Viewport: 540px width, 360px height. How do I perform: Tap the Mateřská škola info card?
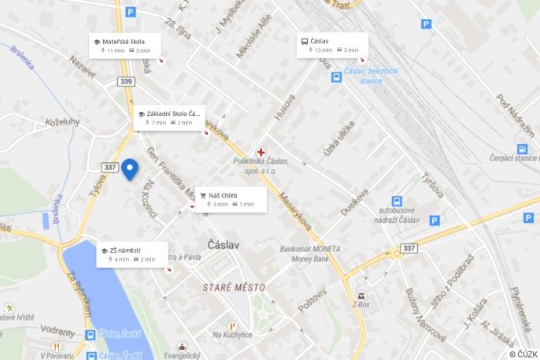(124, 45)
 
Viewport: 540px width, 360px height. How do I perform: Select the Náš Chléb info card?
(231, 199)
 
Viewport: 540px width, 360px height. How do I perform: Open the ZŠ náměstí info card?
(131, 254)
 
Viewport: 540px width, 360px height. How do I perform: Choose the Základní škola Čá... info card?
(170, 117)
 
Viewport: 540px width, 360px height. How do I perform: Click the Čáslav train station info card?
(332, 45)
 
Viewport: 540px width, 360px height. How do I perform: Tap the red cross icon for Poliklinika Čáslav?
(261, 151)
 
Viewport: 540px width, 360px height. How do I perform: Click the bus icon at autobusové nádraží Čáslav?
(397, 202)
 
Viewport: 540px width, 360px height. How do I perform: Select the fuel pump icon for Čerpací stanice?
(522, 149)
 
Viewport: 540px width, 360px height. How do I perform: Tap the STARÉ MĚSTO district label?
(235, 287)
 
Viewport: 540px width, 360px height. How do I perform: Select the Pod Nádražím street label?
(515, 113)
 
